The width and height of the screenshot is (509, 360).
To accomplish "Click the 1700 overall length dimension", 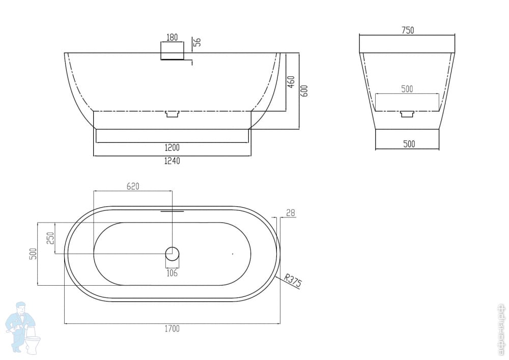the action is (172, 328).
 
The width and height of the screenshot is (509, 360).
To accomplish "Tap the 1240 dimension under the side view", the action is (172, 161).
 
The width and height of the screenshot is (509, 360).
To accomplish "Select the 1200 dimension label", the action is (172, 148).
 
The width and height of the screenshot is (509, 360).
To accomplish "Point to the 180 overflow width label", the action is (172, 37).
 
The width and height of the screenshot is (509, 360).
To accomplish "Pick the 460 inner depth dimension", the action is (291, 82).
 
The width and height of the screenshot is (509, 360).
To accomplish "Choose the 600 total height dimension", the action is (304, 91).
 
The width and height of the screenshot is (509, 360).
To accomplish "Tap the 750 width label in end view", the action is (408, 30).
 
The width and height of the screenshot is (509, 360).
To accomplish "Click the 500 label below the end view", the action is (409, 144).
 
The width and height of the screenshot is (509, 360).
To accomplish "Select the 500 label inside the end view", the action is (407, 89).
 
